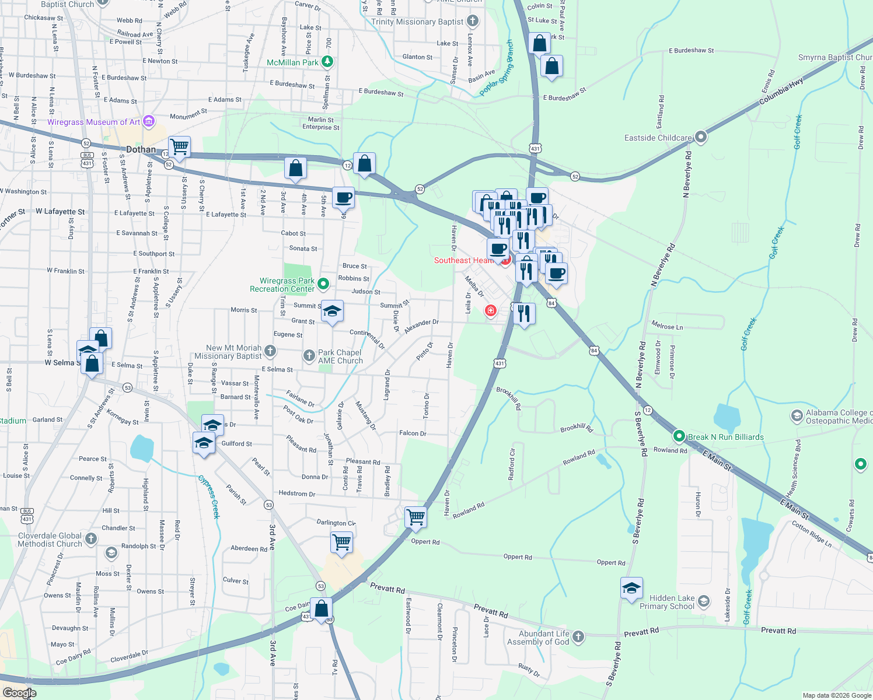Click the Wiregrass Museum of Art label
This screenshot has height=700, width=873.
[x=93, y=122]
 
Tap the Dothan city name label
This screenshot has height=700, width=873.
[x=141, y=149]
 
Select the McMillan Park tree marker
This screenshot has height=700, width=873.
[x=327, y=61]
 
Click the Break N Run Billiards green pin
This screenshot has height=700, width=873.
[x=679, y=436]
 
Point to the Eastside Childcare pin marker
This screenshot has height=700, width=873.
[x=701, y=137]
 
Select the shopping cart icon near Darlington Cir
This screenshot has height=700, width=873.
[x=342, y=542]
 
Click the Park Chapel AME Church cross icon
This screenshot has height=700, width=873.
[x=309, y=355]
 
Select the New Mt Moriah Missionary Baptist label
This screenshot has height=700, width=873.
[x=228, y=352]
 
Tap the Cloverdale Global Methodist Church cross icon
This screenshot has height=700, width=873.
[x=91, y=538]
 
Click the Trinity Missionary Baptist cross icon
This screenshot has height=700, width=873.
[x=473, y=22]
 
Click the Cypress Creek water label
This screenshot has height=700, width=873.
[x=209, y=497]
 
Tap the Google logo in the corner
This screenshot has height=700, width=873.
[x=19, y=693]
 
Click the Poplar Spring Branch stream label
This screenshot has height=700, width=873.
[x=497, y=69]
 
